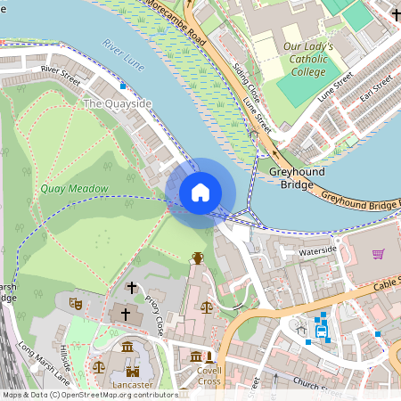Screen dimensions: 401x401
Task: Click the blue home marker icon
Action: tap(200, 192)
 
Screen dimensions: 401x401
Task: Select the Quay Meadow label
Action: tap(74, 189)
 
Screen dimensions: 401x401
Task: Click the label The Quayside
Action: tap(117, 104)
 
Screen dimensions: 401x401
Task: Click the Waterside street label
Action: tap(318, 251)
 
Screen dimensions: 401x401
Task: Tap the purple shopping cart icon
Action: tap(378, 254)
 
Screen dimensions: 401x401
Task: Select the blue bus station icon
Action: tap(322, 332)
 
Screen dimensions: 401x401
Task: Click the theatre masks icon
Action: tap(77, 304)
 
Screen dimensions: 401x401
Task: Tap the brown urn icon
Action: tap(197, 258)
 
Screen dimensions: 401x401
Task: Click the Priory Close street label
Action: tap(156, 315)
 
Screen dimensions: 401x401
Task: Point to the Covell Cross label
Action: tap(209, 375)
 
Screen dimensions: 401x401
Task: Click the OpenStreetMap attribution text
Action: tap(89, 395)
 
